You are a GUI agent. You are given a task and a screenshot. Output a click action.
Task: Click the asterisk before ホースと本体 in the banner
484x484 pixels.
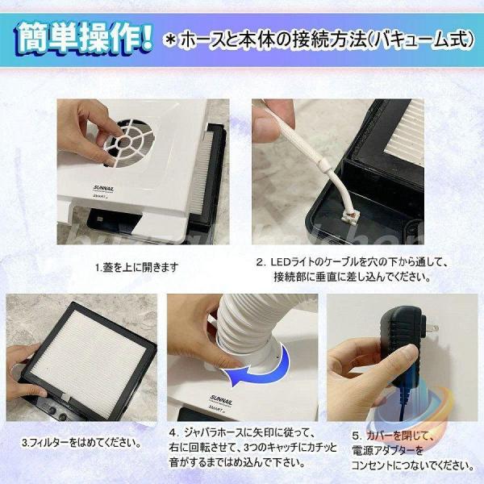click(169, 41)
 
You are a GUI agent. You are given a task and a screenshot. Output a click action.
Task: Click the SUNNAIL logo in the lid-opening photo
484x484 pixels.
click(103, 188)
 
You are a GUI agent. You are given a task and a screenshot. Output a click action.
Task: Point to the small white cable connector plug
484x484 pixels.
click(350, 215)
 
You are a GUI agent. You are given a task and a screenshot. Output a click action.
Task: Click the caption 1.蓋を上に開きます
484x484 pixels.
click(136, 267)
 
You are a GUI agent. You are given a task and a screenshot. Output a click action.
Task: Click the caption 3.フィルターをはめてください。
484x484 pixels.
click(81, 443)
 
